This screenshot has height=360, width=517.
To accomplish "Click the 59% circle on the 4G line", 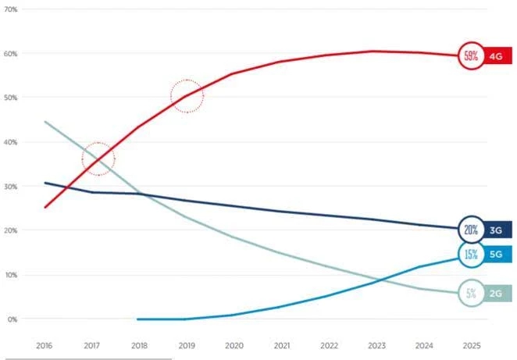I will pyautogui.click(x=471, y=55).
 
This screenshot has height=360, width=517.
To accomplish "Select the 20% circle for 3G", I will pyautogui.click(x=471, y=230).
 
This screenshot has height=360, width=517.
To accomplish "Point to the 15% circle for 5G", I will pyautogui.click(x=471, y=254).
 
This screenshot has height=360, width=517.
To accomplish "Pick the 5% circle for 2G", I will pyautogui.click(x=471, y=294).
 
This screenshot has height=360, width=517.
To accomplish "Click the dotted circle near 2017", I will pyautogui.click(x=98, y=159).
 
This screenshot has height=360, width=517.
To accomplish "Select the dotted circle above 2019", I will pyautogui.click(x=187, y=96).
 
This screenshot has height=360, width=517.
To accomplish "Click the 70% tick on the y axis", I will pyautogui.click(x=13, y=9).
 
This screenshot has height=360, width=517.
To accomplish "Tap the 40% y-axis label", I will pyautogui.click(x=13, y=142).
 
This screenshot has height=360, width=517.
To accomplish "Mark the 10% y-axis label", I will pyautogui.click(x=13, y=275).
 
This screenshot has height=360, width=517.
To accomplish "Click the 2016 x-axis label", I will pyautogui.click(x=45, y=344).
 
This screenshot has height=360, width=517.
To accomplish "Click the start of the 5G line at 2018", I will pyautogui.click(x=137, y=319).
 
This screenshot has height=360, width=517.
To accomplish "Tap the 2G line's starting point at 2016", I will pyautogui.click(x=45, y=122).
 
